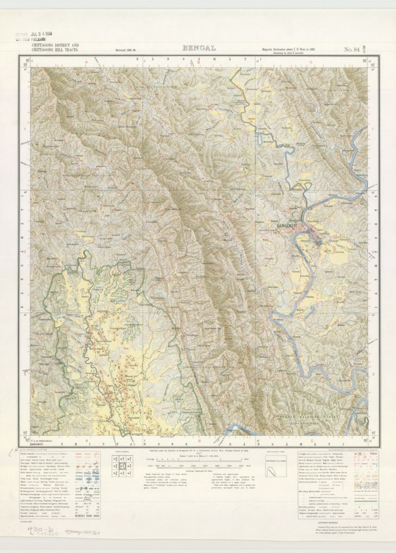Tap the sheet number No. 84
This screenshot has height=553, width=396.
pyautogui.click(x=355, y=50)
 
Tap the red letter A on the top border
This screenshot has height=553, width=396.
pyautogui.click(x=85, y=63)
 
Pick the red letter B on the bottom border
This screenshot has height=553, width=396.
pyautogui.click(x=199, y=441)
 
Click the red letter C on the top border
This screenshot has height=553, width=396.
pyautogui.click(x=311, y=63)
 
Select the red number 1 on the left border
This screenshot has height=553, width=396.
pyautogui.click(x=24, y=129)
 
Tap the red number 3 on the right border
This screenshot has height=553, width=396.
pyautogui.click(x=373, y=374)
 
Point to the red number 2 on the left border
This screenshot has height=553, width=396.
pyautogui.click(x=24, y=252)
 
